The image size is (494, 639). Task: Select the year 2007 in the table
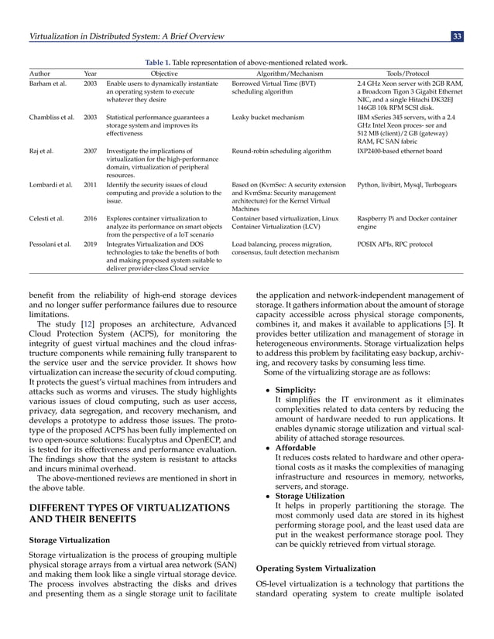pyautogui.click(x=90, y=152)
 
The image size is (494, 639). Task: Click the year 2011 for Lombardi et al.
pyautogui.click(x=90, y=185)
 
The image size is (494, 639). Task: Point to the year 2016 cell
pyautogui.click(x=90, y=220)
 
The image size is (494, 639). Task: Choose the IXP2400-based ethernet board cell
pyautogui.click(x=399, y=152)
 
